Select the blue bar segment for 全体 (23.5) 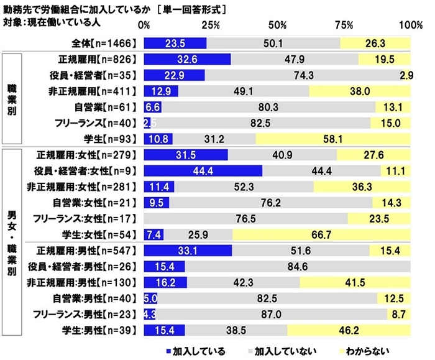click(175, 43)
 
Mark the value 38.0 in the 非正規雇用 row click(360, 91)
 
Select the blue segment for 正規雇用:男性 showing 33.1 click(188, 251)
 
